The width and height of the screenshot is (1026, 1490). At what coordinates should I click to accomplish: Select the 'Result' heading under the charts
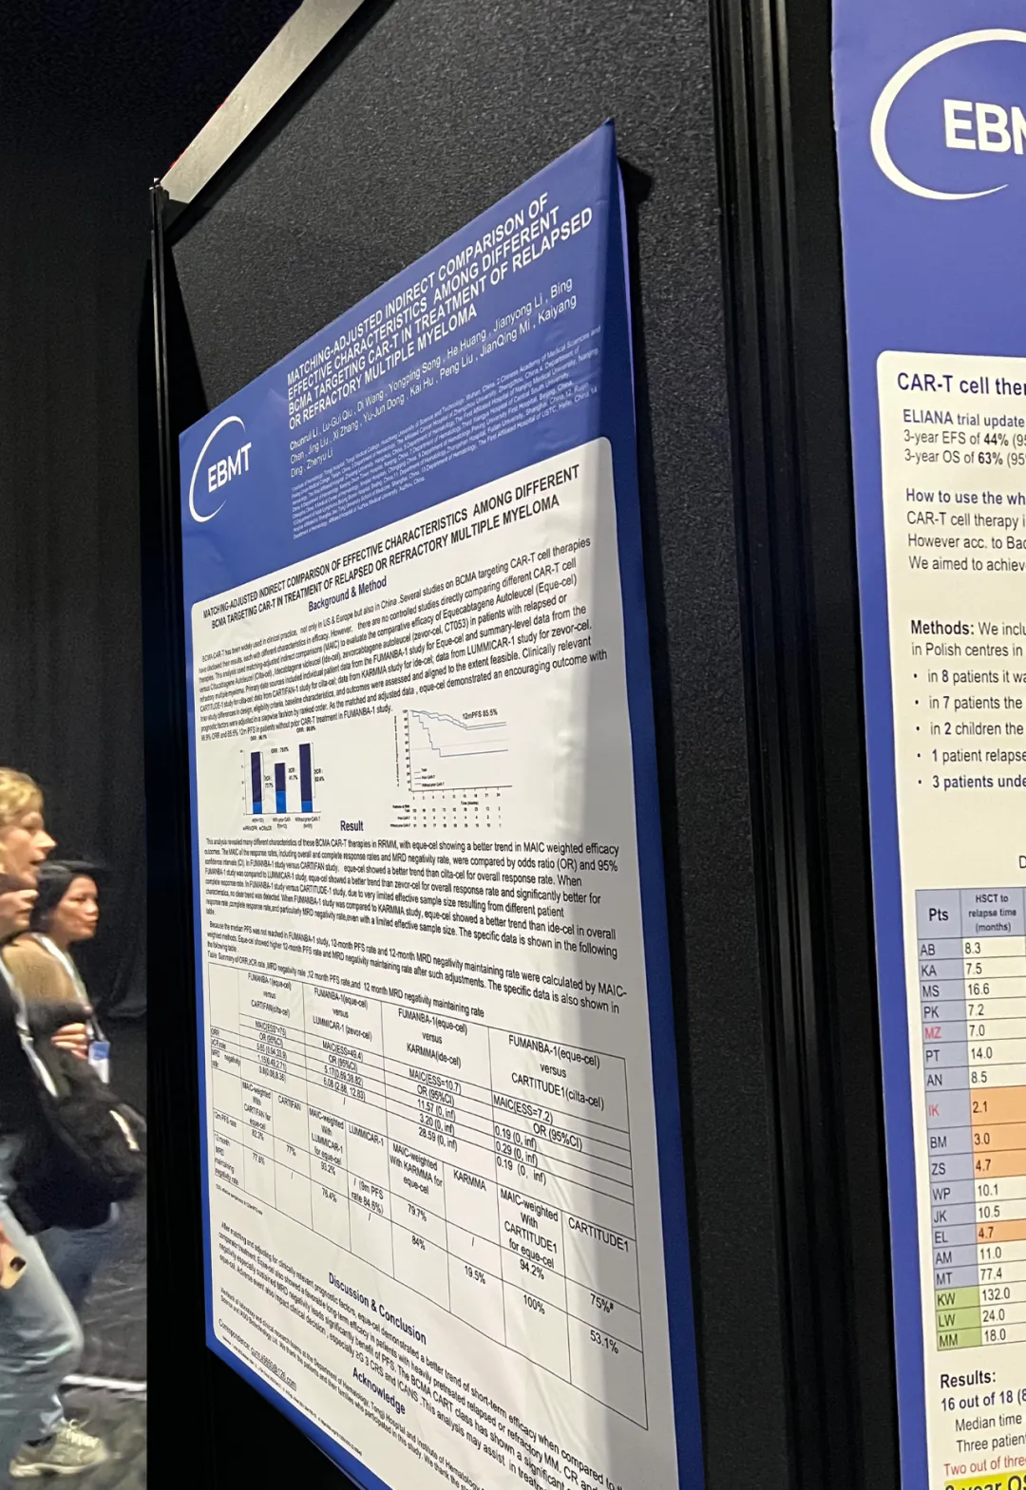coord(351,825)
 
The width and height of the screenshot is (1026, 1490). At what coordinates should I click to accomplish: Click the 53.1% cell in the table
coord(603,1343)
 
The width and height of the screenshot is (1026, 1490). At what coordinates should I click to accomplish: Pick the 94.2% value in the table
coord(532,1267)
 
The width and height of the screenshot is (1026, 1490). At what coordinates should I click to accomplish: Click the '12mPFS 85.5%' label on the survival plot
coord(479,713)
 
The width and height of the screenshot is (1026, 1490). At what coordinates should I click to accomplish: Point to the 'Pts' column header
coord(938,915)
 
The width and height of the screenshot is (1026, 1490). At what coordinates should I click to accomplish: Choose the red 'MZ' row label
coord(932,1032)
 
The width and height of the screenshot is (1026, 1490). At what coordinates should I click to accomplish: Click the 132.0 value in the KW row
coord(995,1294)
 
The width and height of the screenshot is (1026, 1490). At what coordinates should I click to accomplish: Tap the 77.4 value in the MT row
coord(991,1274)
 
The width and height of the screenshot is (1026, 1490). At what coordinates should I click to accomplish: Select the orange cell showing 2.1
coord(980,1107)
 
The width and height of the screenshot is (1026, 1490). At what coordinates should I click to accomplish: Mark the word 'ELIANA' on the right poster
coord(927,417)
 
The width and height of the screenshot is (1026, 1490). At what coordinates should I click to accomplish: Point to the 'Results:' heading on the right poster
coord(967,1379)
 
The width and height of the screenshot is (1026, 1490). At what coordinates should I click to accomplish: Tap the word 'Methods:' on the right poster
coord(941,628)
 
